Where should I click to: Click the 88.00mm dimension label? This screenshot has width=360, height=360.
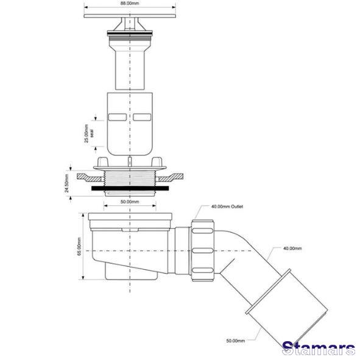(x=130, y=4)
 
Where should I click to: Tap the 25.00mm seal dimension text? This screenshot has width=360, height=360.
(x=88, y=133)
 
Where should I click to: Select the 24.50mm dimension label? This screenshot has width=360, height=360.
(x=67, y=183)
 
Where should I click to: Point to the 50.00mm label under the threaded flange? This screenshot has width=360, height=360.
(x=130, y=202)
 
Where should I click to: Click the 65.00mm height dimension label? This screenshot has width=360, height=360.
(x=79, y=246)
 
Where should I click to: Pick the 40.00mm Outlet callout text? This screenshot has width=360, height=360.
(x=227, y=206)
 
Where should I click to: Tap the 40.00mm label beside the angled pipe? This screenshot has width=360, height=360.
(x=292, y=249)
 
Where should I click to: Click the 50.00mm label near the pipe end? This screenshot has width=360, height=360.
(x=236, y=341)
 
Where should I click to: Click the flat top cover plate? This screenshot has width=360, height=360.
(x=130, y=16)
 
